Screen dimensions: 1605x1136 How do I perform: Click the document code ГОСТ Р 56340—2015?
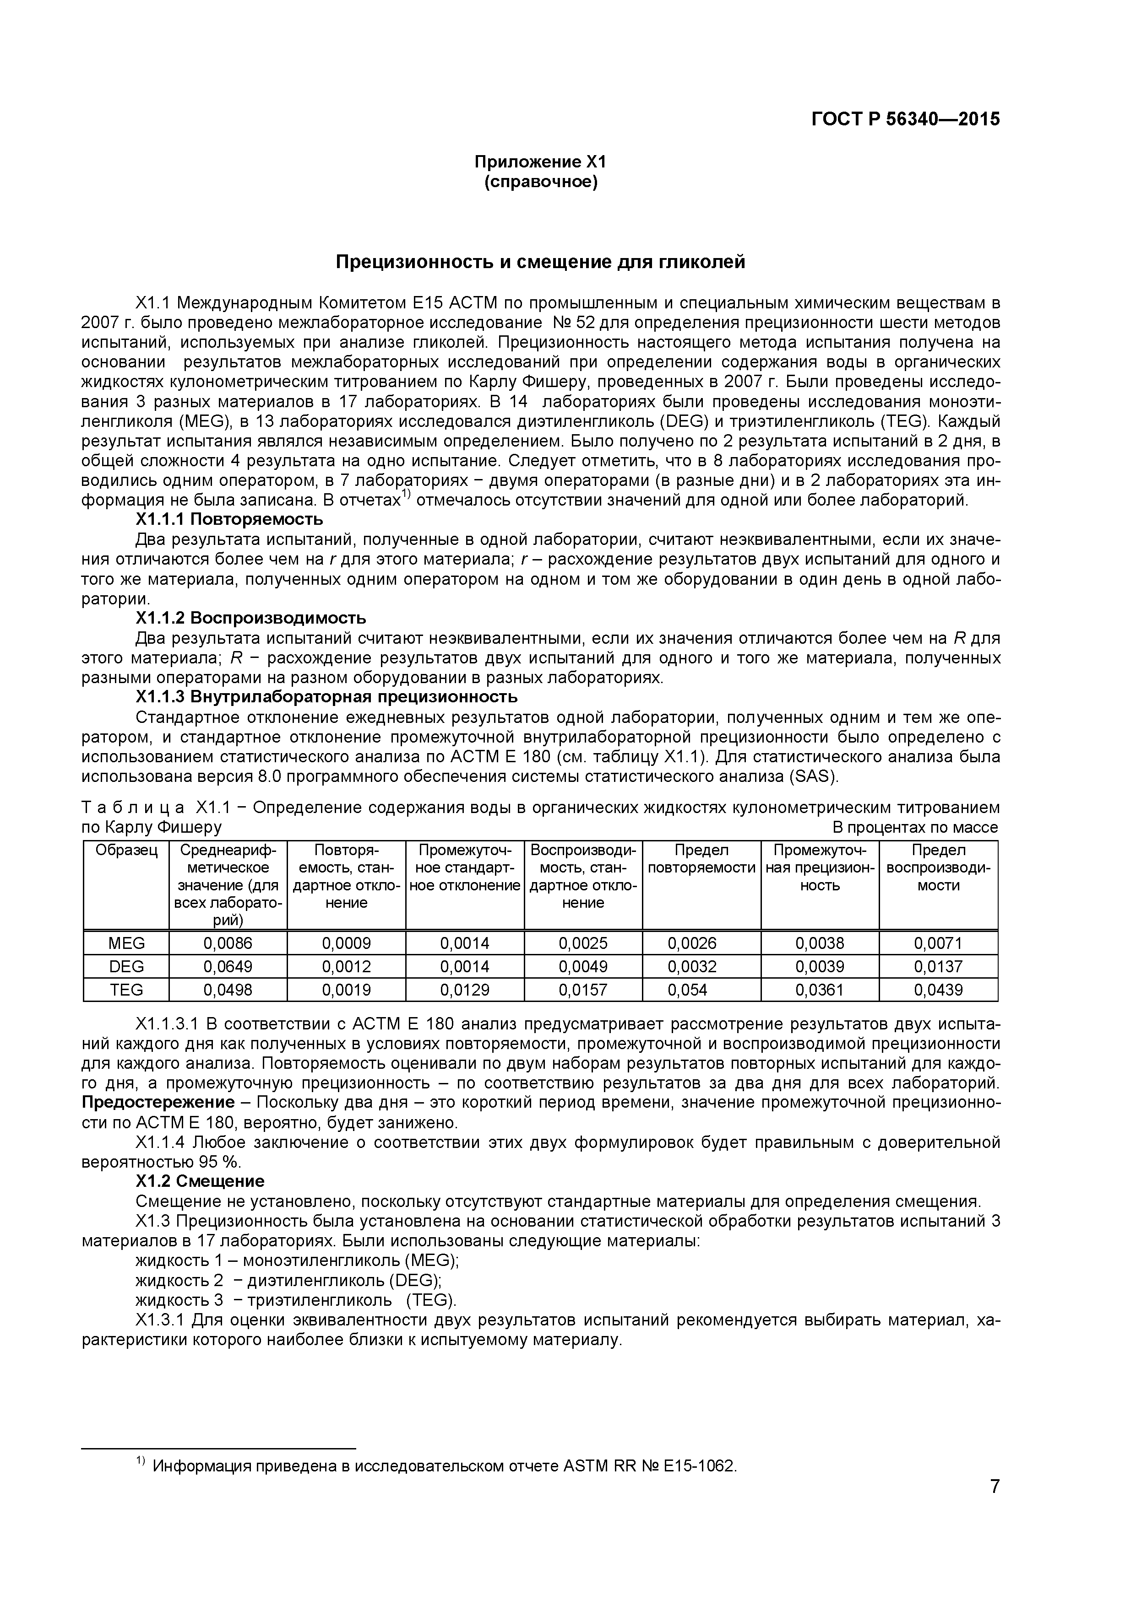[x=905, y=119]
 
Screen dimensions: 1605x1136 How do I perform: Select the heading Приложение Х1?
[x=540, y=162]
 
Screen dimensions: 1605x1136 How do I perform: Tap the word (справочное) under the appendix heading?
[x=540, y=183]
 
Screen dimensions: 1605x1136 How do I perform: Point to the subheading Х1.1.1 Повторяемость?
[x=229, y=519]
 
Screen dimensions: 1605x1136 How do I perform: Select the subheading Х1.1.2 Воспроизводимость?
[x=250, y=618]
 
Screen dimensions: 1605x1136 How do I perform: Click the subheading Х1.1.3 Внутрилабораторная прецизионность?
[x=326, y=696]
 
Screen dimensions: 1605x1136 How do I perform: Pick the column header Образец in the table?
[x=126, y=851]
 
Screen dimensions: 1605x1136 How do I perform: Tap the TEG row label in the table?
[x=126, y=990]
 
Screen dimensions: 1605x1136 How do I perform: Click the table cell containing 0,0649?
[x=228, y=967]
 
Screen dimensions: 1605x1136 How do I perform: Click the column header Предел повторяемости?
[x=701, y=859]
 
